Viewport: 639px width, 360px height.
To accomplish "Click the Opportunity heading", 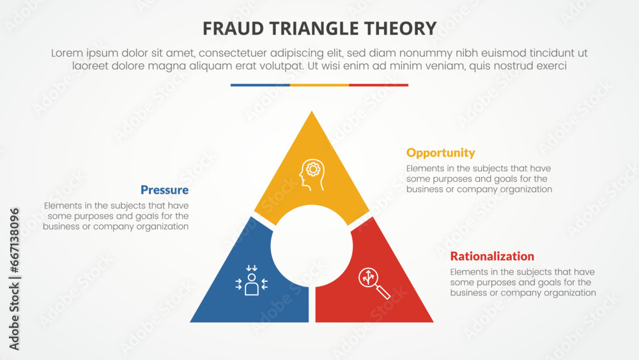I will pos(441,153).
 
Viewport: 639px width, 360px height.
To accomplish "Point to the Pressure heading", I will pos(164,190).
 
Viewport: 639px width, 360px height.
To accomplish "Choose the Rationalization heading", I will pos(492,256).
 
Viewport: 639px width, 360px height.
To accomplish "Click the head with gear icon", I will pos(312,175).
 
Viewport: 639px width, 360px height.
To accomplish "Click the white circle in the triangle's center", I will pos(312,247).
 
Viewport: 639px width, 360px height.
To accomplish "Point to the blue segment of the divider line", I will pos(260,85).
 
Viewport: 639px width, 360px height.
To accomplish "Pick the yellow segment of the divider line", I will pos(319,85).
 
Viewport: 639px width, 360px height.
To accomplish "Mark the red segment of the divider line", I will pos(379,85).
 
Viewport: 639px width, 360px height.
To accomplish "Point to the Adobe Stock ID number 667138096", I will pos(14,237).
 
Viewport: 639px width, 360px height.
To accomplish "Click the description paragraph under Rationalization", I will pos(523,282).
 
